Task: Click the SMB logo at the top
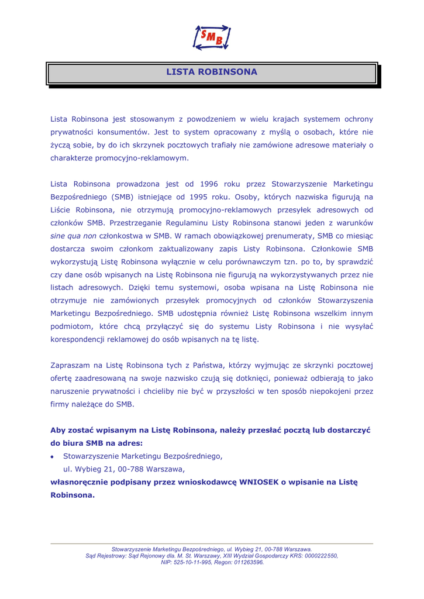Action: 212,37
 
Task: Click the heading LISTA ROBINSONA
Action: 212,73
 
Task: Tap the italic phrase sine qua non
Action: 73,236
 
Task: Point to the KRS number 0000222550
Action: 318,556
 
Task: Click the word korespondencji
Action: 81,339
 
